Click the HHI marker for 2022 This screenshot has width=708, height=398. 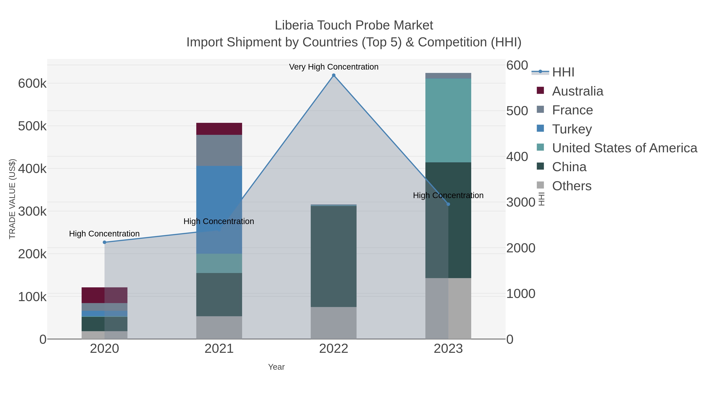coord(334,75)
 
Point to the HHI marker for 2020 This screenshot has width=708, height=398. coord(104,242)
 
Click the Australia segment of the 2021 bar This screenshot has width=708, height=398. coord(219,129)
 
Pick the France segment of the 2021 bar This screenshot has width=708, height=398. coord(219,150)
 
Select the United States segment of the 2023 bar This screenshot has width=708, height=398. coord(448,120)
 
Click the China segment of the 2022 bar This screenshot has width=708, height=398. coord(334,256)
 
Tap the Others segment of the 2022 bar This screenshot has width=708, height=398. coord(334,323)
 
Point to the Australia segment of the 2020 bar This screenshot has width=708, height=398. coord(104,295)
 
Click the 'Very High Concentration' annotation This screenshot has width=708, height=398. coord(334,67)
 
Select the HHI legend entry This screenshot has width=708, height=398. coord(563,72)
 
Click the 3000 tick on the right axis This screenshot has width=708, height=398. coord(521,202)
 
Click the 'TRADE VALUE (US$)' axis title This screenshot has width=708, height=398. coord(12,199)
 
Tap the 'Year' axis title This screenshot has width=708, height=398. coord(276,367)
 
